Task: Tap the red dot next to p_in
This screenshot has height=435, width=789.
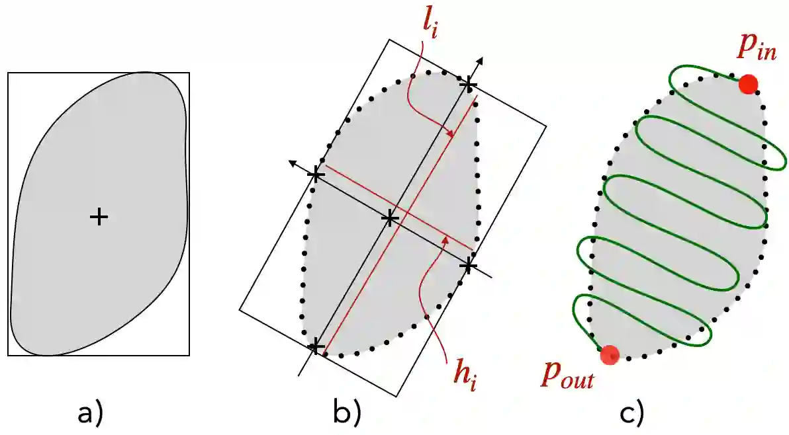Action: [748, 84]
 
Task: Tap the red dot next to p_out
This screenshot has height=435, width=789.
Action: [609, 355]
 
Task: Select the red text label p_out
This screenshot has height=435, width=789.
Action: [567, 377]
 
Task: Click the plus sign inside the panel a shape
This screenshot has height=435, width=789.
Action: [99, 216]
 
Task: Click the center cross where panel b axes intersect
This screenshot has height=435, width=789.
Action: [391, 217]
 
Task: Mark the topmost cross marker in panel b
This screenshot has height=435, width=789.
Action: [468, 84]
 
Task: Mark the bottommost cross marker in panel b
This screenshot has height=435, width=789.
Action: [316, 346]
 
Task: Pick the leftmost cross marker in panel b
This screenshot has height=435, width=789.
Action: [316, 175]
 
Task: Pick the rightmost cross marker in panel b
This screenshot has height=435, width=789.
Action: [468, 266]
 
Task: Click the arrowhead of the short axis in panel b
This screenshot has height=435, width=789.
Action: [291, 162]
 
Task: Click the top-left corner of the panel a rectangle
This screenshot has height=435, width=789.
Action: [8, 73]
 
